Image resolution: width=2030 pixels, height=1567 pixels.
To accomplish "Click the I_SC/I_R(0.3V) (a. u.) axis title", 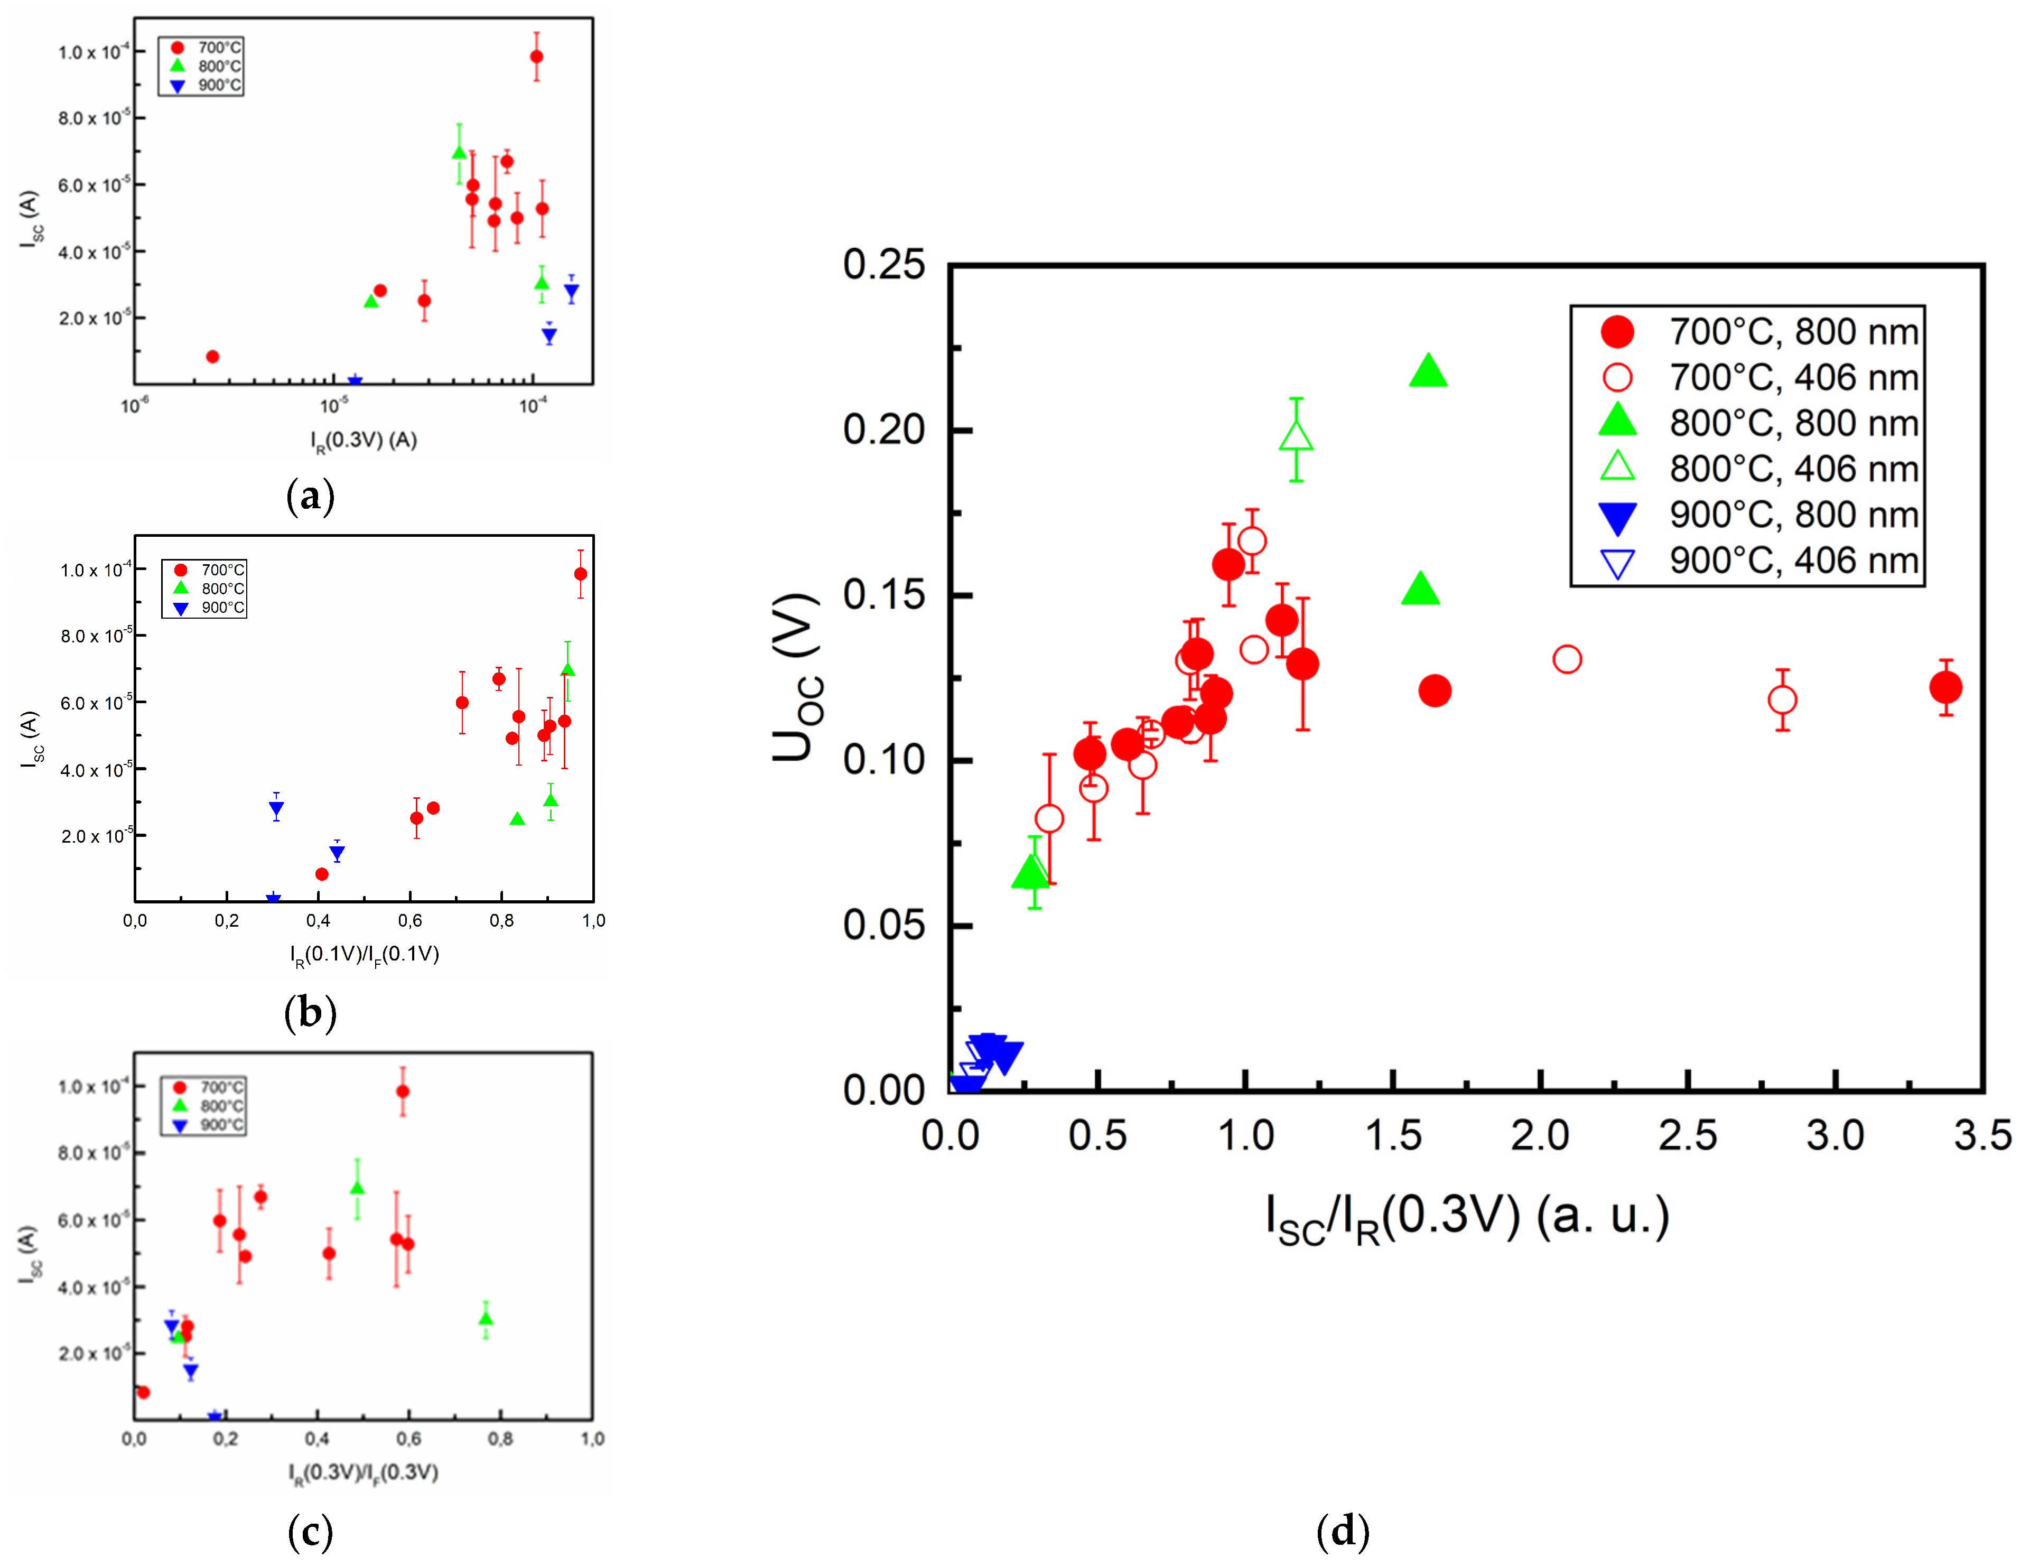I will coord(1467,1218).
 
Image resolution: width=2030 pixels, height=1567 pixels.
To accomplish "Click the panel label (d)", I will coord(1342,1530).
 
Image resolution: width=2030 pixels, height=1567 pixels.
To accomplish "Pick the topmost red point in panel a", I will coord(536,57).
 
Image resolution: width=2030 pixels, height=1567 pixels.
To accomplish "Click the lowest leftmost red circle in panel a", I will coord(212,356).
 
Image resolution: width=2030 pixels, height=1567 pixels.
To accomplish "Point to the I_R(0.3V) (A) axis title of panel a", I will coord(364,440).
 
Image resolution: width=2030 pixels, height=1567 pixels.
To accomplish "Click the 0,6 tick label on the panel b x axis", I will coord(410,920).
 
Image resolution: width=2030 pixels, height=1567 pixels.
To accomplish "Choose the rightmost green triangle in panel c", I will coord(485,1318).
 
